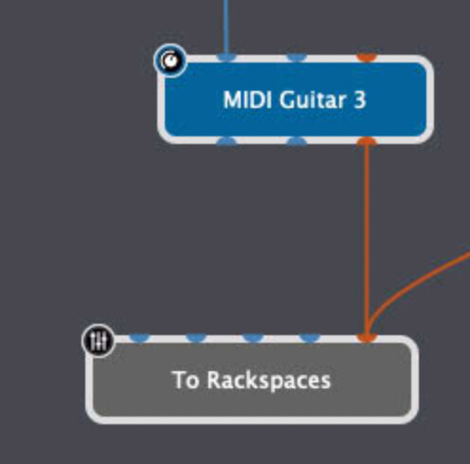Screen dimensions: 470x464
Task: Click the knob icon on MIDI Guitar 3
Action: click(x=171, y=61)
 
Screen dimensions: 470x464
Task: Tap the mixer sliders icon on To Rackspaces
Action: click(x=99, y=341)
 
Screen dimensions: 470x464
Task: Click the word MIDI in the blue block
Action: click(x=247, y=99)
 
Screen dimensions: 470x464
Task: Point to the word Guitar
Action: click(x=312, y=99)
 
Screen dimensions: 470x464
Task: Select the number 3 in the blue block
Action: click(x=359, y=100)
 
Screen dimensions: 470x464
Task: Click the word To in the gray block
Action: click(x=186, y=380)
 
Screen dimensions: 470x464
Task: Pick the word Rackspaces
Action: click(x=269, y=382)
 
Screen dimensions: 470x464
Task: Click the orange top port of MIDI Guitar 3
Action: click(x=367, y=58)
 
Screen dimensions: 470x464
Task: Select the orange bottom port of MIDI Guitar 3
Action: click(x=367, y=141)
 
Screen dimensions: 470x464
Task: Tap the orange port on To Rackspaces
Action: click(x=367, y=338)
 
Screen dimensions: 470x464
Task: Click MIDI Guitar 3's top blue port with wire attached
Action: click(x=226, y=58)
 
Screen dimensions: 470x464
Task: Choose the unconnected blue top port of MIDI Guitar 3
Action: click(x=297, y=58)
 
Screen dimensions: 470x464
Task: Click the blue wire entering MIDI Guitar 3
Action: click(x=226, y=27)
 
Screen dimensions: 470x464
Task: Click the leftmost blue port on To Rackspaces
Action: click(x=140, y=338)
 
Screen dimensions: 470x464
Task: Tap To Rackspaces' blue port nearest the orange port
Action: click(x=310, y=338)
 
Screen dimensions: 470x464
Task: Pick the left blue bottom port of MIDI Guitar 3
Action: click(x=226, y=141)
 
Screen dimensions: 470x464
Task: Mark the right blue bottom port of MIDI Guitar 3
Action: click(x=297, y=141)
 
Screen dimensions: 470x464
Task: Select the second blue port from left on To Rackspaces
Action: click(x=196, y=338)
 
